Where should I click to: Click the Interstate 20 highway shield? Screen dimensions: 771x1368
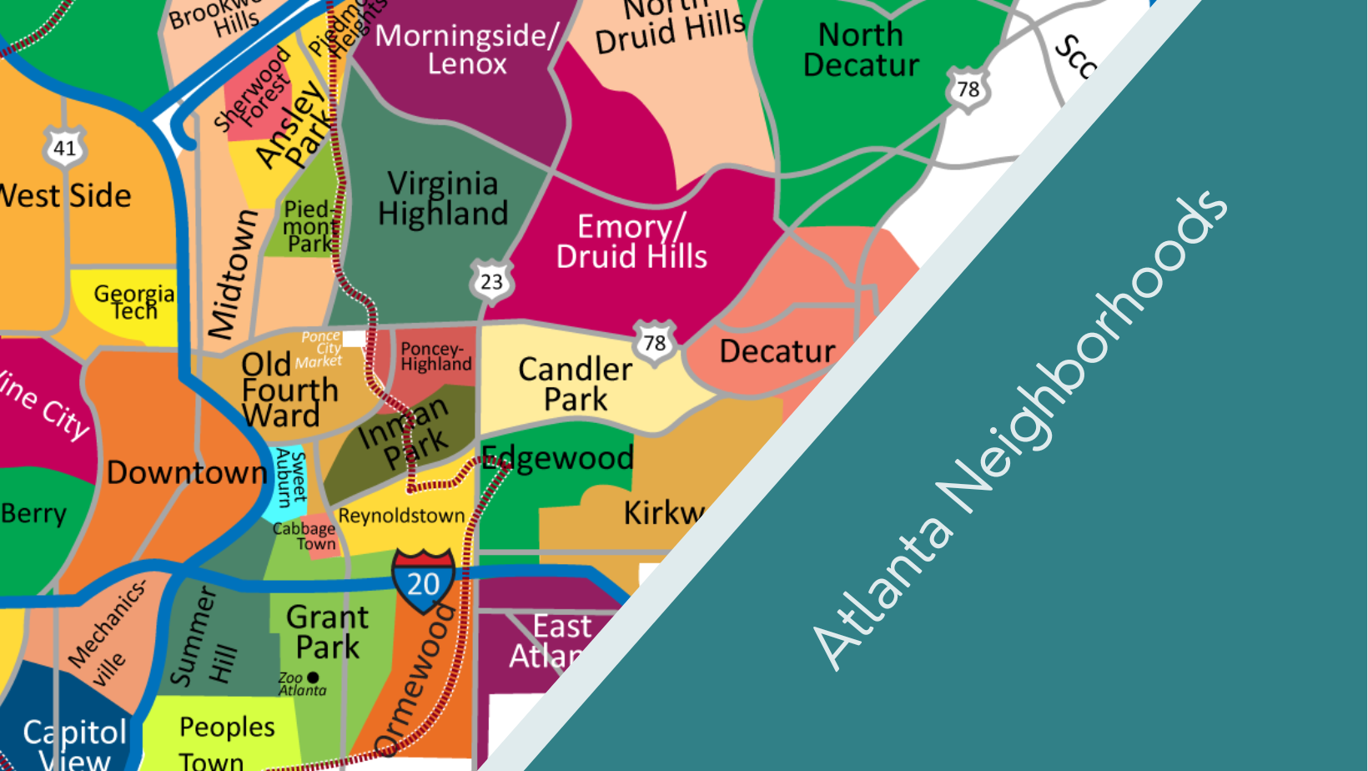click(424, 581)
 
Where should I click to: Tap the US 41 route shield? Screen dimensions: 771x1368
click(64, 148)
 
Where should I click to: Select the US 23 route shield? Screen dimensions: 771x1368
click(491, 281)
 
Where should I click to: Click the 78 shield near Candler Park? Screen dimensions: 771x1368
click(655, 342)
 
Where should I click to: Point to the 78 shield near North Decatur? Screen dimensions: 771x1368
click(968, 88)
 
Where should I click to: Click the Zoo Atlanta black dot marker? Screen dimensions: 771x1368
click(313, 678)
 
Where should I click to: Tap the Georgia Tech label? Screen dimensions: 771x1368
click(134, 302)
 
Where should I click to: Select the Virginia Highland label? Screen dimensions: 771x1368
click(442, 199)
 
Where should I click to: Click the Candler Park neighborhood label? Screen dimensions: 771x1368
click(576, 384)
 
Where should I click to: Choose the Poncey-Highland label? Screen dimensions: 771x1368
click(435, 356)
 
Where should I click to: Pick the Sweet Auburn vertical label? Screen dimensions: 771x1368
click(291, 477)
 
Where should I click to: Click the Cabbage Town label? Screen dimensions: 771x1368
click(305, 536)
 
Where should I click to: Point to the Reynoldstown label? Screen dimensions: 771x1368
click(401, 516)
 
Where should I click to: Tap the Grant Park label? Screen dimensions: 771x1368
click(327, 632)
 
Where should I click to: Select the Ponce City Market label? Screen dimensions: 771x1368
click(321, 349)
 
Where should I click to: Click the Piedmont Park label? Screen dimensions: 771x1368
click(309, 226)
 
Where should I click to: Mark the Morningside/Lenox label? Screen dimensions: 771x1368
click(467, 49)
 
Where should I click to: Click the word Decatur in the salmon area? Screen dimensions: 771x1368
click(777, 351)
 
